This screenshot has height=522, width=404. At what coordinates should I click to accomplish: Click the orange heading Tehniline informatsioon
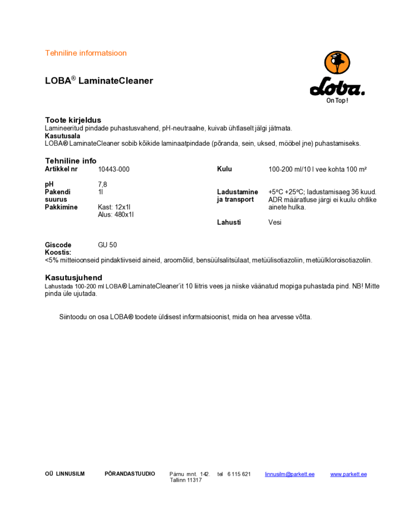86,53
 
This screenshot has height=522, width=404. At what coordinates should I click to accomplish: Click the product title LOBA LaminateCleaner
99,81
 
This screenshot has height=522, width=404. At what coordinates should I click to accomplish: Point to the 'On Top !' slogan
337,100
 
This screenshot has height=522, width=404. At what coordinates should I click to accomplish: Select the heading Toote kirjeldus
73,120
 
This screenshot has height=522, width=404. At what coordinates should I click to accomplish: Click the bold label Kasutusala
62,136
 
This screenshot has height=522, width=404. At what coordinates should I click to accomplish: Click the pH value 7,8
102,184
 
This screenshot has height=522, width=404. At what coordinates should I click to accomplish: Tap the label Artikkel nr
61,169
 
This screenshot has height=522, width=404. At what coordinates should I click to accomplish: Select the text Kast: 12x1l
114,207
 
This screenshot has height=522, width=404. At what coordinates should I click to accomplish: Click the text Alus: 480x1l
115,215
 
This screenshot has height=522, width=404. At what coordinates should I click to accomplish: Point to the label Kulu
224,169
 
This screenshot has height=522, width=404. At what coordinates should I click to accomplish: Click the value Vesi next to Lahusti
275,222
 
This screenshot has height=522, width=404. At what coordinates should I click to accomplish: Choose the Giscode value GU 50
107,245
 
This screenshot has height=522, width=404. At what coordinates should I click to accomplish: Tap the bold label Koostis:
58,252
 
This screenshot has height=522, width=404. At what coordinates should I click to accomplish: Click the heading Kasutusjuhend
74,277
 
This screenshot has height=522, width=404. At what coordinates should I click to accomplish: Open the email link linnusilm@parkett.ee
290,474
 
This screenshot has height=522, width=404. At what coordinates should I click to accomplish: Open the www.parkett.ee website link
348,474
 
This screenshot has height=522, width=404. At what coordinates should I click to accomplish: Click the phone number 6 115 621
239,474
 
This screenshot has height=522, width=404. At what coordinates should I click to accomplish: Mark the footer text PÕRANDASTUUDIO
130,474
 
